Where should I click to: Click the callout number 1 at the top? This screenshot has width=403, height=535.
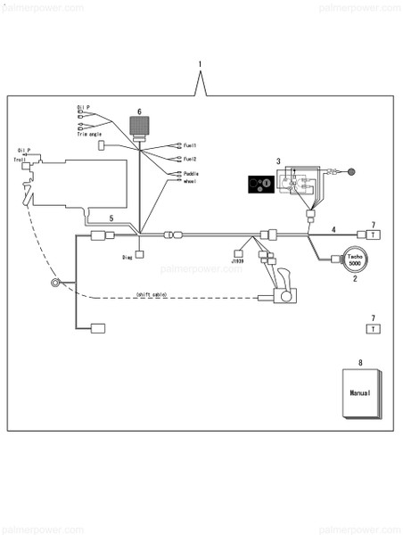coord(201,64)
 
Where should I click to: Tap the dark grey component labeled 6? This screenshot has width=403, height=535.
coord(138,127)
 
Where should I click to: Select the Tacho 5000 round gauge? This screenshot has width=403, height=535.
coord(354,260)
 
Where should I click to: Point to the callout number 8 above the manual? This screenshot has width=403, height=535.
coord(359,362)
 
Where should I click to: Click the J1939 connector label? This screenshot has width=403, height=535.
coord(237,262)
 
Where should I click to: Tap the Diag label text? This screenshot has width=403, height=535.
coord(127,256)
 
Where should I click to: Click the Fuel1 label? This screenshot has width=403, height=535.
coord(190,144)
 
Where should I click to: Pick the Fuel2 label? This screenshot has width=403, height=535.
coord(190,159)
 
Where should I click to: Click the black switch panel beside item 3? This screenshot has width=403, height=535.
coord(260,184)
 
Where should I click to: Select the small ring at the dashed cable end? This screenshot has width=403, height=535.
coord(56,284)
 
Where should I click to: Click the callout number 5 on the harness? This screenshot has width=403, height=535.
coord(111,218)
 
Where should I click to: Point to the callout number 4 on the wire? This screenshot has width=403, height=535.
coord(333,229)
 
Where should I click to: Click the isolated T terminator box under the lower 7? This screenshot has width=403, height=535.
coord(374,329)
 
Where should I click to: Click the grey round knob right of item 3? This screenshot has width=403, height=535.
coord(350,170)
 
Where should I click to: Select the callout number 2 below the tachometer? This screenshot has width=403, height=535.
coord(354,279)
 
